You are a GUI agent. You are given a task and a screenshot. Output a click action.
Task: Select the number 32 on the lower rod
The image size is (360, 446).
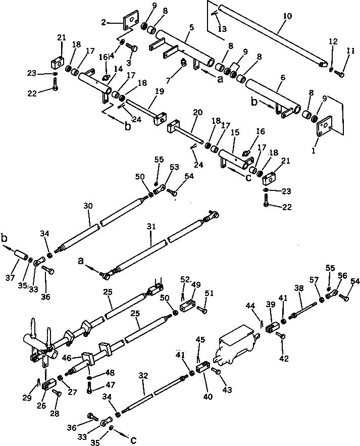pos(143,376)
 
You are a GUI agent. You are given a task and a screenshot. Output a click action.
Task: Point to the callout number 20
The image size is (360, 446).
pos(197,112)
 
